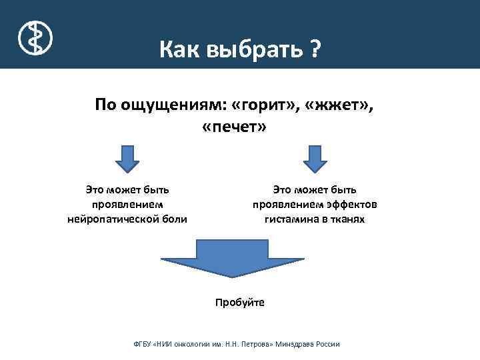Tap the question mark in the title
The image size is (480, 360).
[315, 49]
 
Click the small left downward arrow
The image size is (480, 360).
[127, 159]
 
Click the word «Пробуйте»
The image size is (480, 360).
[240, 302]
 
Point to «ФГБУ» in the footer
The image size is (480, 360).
[143, 344]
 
